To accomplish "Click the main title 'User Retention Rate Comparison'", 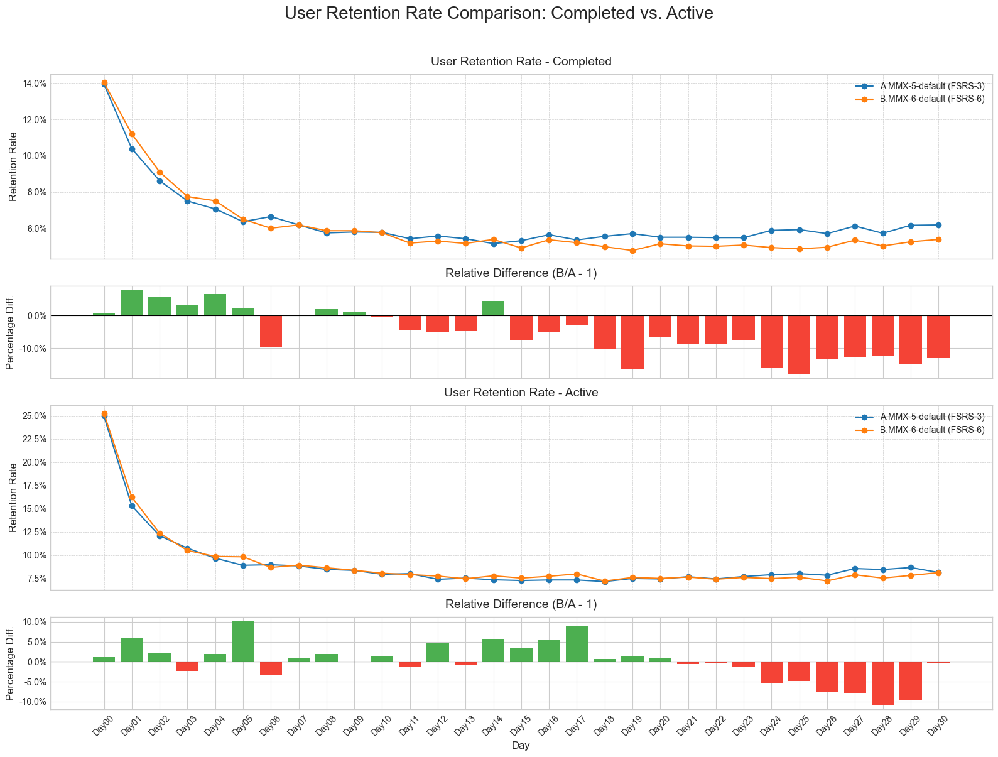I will click(x=499, y=13).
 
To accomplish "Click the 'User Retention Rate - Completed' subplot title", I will click(x=521, y=61).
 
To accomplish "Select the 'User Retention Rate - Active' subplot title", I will click(x=521, y=392).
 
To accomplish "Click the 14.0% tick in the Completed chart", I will click(x=34, y=84).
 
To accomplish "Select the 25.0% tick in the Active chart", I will click(x=34, y=416).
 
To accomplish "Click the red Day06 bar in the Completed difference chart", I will click(x=271, y=331).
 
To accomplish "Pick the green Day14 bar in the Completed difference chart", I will click(x=493, y=308).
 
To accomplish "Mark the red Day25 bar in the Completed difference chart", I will click(x=799, y=344).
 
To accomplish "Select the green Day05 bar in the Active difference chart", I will click(x=243, y=641).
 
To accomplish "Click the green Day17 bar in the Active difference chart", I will click(x=577, y=644).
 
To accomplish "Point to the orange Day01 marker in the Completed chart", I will click(x=132, y=134).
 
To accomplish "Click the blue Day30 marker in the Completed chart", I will click(x=938, y=225).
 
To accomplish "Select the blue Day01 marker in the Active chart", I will click(x=132, y=506).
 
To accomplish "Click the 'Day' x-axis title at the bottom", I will click(x=520, y=746).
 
